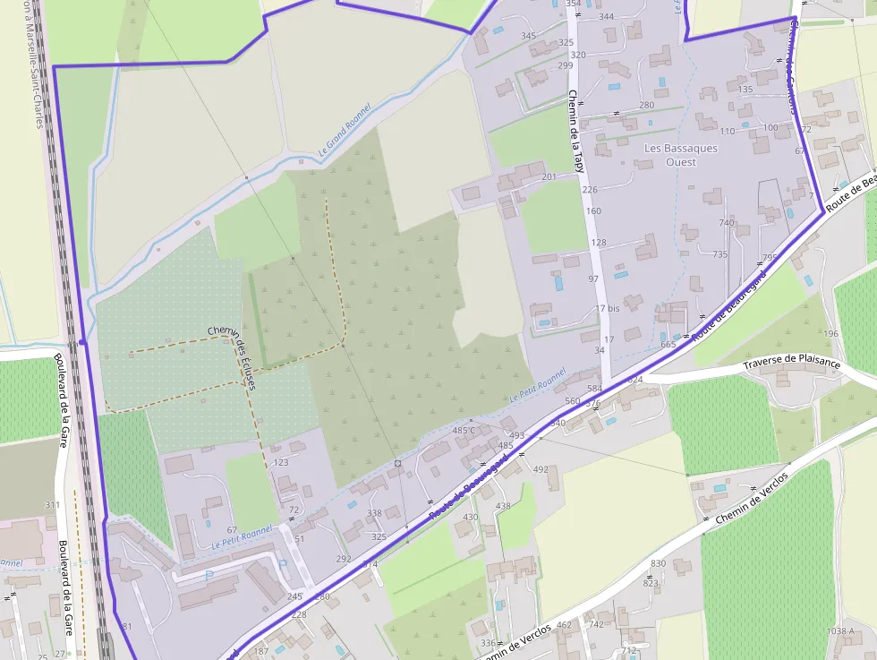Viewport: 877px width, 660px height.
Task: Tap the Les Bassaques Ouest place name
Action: point(681,155)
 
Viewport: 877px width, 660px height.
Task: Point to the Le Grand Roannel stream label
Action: point(344,131)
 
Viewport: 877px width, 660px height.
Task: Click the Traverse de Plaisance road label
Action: point(792,364)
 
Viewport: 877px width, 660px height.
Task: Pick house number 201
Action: point(549,176)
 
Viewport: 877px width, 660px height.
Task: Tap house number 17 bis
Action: point(607,309)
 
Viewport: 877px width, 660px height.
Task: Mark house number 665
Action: point(668,345)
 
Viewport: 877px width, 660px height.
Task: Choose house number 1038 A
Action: point(840,631)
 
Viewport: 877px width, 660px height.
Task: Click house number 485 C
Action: point(464,431)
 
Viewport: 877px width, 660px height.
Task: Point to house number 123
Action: point(281,462)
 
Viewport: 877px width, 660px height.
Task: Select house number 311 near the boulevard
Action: point(53,505)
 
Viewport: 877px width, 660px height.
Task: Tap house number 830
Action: point(659,563)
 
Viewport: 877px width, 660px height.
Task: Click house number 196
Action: point(831,334)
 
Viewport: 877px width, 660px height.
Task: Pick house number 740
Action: point(726,223)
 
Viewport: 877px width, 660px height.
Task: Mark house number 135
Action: point(745,90)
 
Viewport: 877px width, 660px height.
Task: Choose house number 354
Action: point(574,4)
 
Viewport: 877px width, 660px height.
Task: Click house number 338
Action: point(374,513)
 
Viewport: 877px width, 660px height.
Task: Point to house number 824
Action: point(635,380)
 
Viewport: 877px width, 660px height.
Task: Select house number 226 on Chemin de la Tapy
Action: point(589,190)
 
